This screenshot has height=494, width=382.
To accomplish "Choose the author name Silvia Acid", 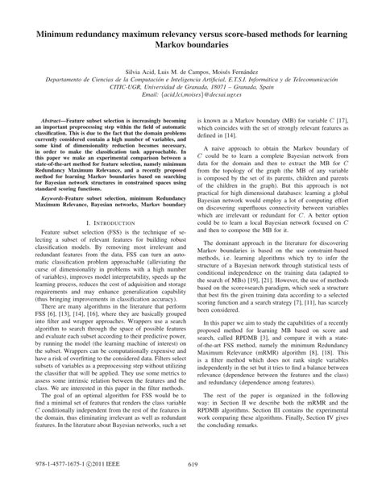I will (x=138, y=72).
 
